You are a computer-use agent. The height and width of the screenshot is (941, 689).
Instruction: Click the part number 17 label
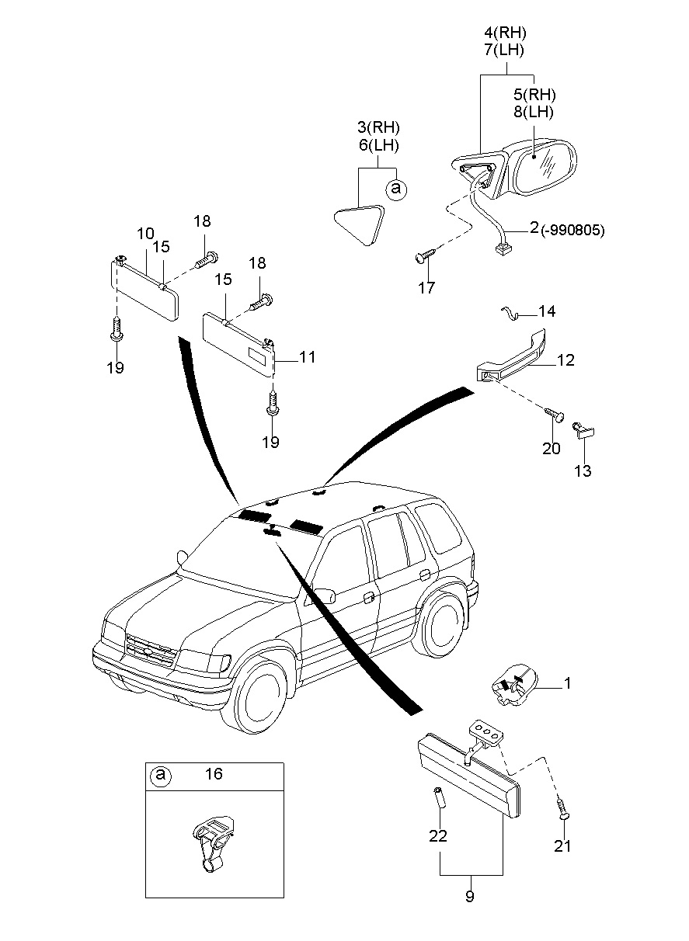pyautogui.click(x=426, y=288)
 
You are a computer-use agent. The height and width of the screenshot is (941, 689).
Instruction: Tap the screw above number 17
pyautogui.click(x=424, y=255)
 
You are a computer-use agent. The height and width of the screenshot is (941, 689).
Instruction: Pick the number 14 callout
pyautogui.click(x=547, y=312)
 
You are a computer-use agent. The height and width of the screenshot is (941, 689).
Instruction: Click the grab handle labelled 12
pyautogui.click(x=513, y=358)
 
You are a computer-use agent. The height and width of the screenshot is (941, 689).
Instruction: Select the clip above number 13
pyautogui.click(x=582, y=430)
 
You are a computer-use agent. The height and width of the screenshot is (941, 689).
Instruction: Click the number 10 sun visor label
pyautogui.click(x=145, y=233)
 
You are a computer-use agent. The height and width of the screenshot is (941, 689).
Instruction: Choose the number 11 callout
pyautogui.click(x=307, y=357)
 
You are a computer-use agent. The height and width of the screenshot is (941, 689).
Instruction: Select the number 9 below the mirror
pyautogui.click(x=469, y=897)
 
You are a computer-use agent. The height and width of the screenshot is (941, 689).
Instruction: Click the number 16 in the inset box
pyautogui.click(x=214, y=774)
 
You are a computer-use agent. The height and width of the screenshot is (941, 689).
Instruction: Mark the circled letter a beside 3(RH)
pyautogui.click(x=395, y=188)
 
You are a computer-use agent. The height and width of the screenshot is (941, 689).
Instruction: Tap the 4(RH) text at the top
pyautogui.click(x=505, y=33)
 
